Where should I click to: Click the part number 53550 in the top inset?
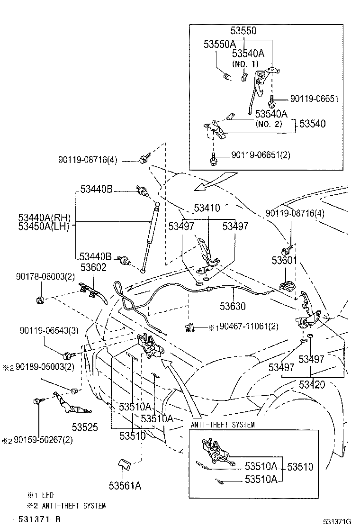pos(243,31)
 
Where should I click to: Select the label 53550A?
pos(219,44)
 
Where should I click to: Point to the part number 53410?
pos(207,208)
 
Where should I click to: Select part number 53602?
pos(93,267)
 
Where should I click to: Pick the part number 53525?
pos(85,427)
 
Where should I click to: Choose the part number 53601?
pos(284,261)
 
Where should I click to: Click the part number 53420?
pos(312,384)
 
